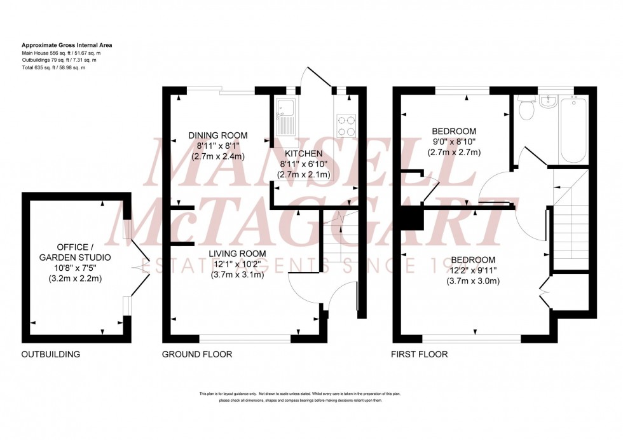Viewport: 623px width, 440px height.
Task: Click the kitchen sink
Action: (x=284, y=117)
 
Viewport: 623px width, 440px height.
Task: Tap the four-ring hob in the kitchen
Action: (x=345, y=125)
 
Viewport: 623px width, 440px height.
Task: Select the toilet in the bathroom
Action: (x=525, y=109)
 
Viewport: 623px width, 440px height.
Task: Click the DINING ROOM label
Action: (x=218, y=135)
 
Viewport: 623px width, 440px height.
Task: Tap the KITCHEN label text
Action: (x=303, y=154)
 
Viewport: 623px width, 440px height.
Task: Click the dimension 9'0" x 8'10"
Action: (x=452, y=142)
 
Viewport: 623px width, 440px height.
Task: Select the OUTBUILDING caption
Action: (x=51, y=355)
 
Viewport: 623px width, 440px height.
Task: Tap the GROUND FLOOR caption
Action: (x=196, y=355)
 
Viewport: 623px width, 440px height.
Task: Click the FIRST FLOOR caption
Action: (x=419, y=355)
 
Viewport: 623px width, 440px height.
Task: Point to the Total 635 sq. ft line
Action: (x=53, y=67)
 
